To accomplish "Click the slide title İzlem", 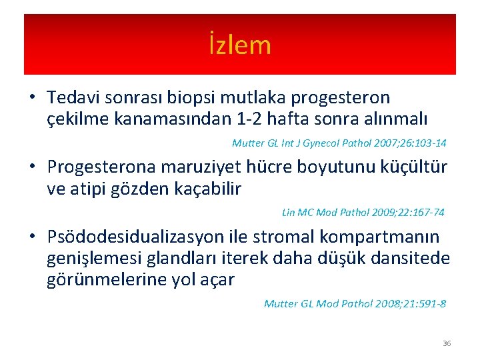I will point(239,45).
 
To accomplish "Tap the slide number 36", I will point(447,343).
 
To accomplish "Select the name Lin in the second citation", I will point(288,213).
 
